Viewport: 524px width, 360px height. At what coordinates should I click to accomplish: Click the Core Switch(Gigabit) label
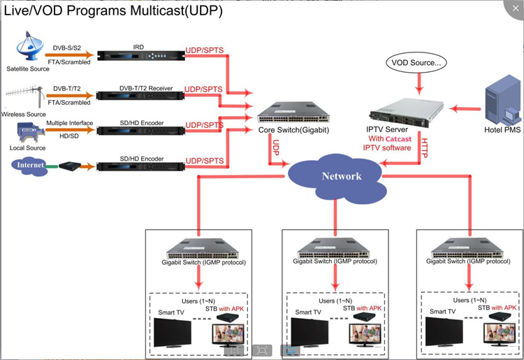(284, 130)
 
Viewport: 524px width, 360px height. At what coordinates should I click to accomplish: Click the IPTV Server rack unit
(407, 108)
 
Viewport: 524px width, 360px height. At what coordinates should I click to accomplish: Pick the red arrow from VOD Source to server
(418, 83)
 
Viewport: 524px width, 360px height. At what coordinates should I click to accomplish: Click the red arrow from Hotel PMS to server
(464, 108)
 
